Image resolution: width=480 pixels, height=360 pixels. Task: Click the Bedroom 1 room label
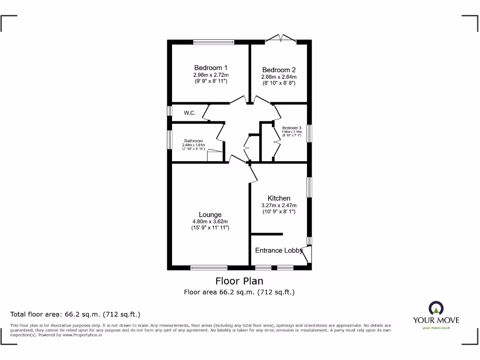pyautogui.click(x=211, y=68)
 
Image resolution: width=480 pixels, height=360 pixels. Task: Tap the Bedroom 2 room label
pyautogui.click(x=279, y=70)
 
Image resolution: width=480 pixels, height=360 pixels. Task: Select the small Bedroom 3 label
pyautogui.click(x=291, y=128)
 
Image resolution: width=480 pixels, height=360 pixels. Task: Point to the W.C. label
pyautogui.click(x=190, y=113)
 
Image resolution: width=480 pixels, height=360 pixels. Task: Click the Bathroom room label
pyautogui.click(x=193, y=141)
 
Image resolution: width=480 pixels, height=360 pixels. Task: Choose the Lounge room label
pyautogui.click(x=210, y=215)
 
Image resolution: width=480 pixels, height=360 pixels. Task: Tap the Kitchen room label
pyautogui.click(x=279, y=198)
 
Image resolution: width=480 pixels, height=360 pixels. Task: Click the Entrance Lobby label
pyautogui.click(x=278, y=250)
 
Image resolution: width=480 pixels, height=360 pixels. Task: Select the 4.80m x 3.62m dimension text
pyautogui.click(x=210, y=221)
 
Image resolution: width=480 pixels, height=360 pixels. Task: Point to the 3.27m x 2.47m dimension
pyautogui.click(x=279, y=205)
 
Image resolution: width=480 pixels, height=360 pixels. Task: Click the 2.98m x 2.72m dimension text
pyautogui.click(x=211, y=75)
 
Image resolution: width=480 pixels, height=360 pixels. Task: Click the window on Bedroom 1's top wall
pyautogui.click(x=214, y=42)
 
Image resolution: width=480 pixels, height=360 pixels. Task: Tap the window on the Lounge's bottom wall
pyautogui.click(x=209, y=268)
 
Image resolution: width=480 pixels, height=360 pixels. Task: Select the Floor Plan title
pyautogui.click(x=239, y=281)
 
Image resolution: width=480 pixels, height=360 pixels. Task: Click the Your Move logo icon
pyautogui.click(x=436, y=308)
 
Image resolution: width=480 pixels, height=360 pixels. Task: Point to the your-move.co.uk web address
pyautogui.click(x=436, y=328)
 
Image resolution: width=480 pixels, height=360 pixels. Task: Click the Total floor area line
pyautogui.click(x=75, y=314)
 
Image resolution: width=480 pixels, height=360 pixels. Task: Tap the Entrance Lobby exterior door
pyautogui.click(x=307, y=255)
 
